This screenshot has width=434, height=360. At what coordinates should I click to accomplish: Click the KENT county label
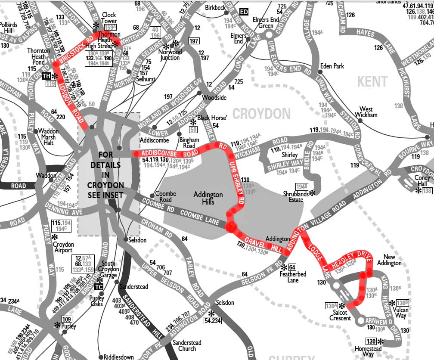click(372, 81)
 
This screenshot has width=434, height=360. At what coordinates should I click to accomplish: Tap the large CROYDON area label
click(262, 114)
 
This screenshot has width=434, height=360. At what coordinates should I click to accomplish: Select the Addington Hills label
click(208, 198)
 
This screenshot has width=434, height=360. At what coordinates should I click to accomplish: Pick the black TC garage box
click(99, 287)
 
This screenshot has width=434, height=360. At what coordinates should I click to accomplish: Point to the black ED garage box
click(244, 12)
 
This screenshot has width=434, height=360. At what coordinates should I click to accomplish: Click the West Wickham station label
click(366, 112)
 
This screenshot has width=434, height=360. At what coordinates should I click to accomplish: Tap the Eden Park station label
click(332, 66)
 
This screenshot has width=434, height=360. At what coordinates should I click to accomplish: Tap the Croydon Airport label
click(63, 247)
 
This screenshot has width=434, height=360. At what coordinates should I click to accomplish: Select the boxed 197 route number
click(194, 41)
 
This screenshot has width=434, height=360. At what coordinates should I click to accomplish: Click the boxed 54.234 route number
click(214, 321)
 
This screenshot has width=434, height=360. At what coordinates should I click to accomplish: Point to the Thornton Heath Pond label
click(39, 56)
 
